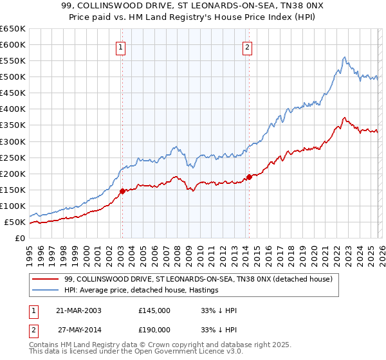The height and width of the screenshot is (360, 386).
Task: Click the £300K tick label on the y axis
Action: click(13, 141)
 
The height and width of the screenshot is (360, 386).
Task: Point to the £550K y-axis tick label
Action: click(13, 61)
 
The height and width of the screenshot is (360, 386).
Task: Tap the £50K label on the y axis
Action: click(15, 222)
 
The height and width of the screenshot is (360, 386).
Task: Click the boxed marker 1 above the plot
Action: click(122, 46)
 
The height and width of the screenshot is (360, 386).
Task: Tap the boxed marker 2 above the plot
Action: click(248, 46)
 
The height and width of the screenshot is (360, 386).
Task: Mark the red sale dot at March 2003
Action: click(122, 191)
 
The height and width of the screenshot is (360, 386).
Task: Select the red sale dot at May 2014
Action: click(249, 177)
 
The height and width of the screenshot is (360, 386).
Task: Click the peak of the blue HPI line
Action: click(344, 57)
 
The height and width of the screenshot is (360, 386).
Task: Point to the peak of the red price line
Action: click(345, 118)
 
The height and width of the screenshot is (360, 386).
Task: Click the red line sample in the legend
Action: click(46, 279)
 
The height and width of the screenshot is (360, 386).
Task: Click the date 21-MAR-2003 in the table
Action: click(78, 310)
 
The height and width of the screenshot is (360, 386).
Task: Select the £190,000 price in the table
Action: click(154, 329)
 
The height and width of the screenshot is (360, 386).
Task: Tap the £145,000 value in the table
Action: click(154, 310)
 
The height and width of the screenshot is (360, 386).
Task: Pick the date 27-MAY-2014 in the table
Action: click(78, 329)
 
